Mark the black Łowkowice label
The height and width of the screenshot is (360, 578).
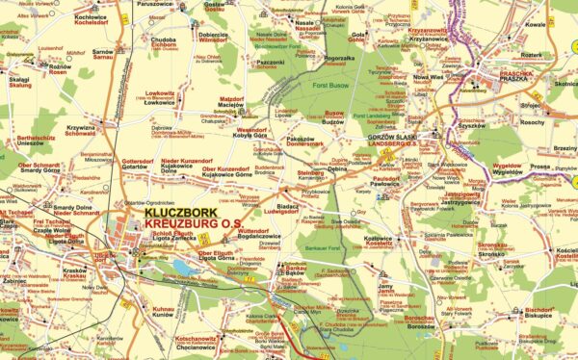[161, 102]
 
